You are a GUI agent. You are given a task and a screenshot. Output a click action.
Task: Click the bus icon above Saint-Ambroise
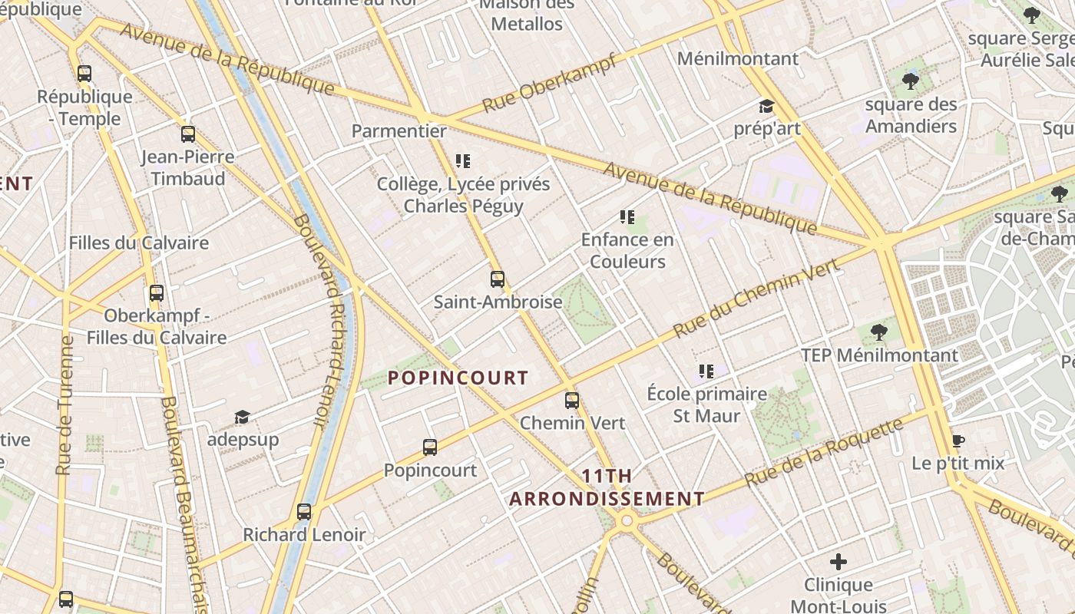click(x=498, y=279)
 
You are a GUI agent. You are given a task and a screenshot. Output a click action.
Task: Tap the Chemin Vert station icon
click(x=572, y=400)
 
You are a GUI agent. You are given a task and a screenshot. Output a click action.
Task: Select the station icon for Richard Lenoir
click(x=304, y=511)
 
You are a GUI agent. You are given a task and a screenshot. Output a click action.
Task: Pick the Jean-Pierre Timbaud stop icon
click(x=188, y=134)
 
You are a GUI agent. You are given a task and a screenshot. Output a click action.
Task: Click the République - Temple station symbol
click(x=84, y=74)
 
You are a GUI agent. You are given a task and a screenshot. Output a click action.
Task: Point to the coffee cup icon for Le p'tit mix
click(x=958, y=441)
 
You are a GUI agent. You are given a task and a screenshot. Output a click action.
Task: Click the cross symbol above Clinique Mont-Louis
click(x=838, y=562)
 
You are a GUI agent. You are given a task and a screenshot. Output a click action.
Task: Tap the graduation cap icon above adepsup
click(x=243, y=417)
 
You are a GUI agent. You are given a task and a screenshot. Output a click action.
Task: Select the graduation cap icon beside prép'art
click(x=766, y=106)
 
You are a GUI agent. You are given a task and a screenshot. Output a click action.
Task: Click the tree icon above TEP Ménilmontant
click(x=879, y=332)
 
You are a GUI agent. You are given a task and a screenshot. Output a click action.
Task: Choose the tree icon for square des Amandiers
click(x=911, y=81)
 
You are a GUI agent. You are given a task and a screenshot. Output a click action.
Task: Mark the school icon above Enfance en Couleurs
click(x=627, y=217)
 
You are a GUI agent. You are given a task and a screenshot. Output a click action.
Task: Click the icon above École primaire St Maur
click(x=706, y=371)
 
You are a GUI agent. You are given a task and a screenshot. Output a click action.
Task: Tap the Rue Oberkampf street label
click(x=549, y=84)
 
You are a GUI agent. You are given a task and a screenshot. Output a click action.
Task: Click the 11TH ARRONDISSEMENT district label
click(x=607, y=487)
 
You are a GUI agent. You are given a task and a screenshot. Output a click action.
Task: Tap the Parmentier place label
click(x=399, y=130)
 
